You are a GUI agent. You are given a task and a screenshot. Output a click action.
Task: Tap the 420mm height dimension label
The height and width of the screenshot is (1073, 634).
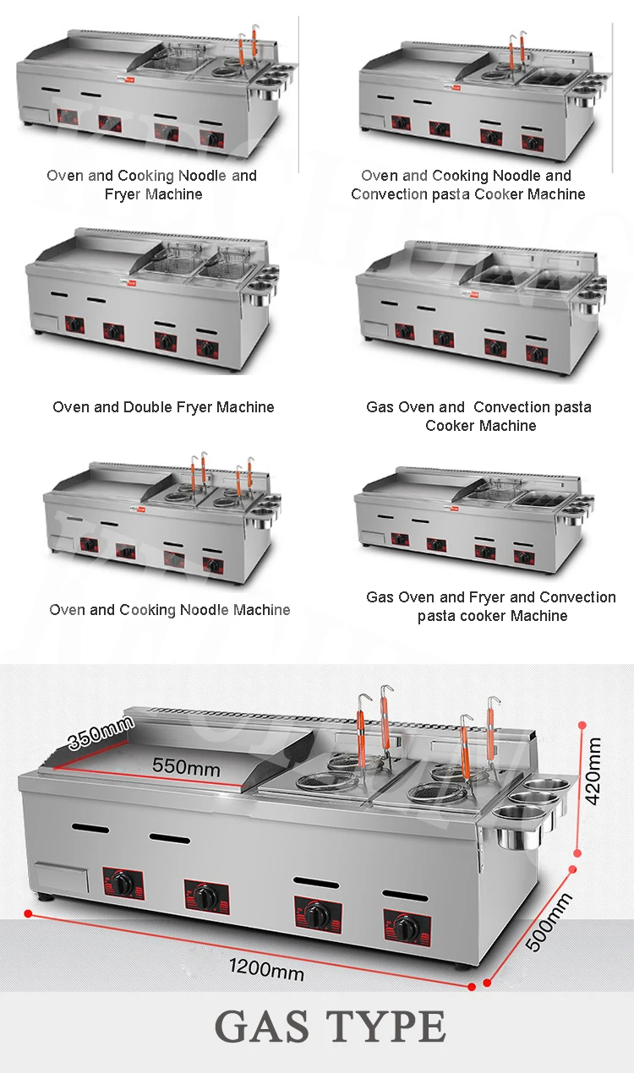(x=593, y=771)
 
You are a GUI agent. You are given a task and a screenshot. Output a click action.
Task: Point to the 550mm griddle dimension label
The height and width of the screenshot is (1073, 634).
(x=186, y=767)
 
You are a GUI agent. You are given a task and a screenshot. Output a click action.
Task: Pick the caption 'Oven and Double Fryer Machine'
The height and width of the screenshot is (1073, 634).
(x=163, y=407)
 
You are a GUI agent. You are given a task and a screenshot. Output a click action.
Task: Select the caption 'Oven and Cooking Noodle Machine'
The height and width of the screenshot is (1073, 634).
(x=169, y=610)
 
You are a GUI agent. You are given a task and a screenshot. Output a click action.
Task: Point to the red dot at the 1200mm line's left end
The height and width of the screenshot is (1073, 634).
(x=28, y=913)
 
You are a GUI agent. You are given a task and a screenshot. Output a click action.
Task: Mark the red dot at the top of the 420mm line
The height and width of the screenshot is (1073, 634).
(x=582, y=724)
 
